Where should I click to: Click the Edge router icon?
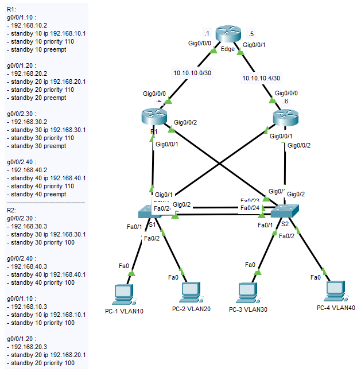(x=228, y=34)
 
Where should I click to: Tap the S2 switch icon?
(x=284, y=211)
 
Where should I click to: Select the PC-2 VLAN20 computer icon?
(x=191, y=292)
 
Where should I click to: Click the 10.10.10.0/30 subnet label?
(x=193, y=73)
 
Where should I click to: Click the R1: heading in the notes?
(x=12, y=10)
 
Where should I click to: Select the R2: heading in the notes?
(x=12, y=210)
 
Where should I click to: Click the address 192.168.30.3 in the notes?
(x=33, y=226)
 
